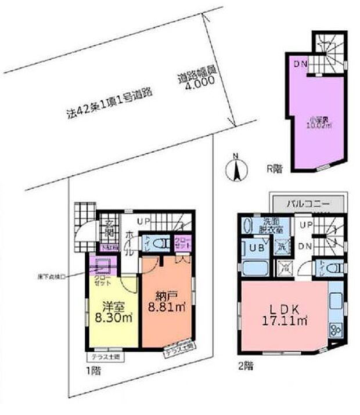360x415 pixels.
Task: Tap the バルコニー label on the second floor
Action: coord(309,205)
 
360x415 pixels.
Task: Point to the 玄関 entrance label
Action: coord(107,229)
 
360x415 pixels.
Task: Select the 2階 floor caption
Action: coord(245,367)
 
